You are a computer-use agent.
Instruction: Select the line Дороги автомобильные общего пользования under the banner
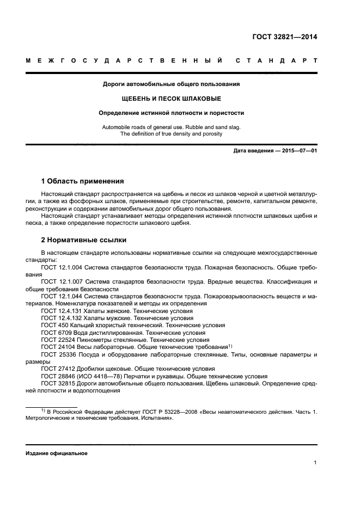[171, 84]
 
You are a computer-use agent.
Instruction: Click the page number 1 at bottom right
[315, 463]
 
